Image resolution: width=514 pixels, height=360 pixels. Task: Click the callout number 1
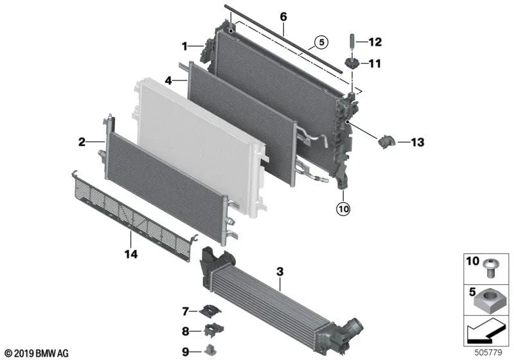pos(184,46)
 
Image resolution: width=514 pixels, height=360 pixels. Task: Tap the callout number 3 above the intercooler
pos(279,272)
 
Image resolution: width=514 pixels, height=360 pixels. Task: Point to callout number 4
pos(168,81)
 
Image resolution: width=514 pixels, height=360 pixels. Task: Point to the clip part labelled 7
pos(208,311)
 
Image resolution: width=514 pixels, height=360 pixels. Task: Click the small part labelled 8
pos(209,330)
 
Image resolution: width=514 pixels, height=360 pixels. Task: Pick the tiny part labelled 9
pos(209,350)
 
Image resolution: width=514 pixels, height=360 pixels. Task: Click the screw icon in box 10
pos(493,265)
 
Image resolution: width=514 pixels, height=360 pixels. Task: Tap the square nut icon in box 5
pos(492,299)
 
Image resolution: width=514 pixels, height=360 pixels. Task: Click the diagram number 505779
pos(492,353)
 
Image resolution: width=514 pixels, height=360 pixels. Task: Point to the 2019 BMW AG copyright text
pos(37,354)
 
